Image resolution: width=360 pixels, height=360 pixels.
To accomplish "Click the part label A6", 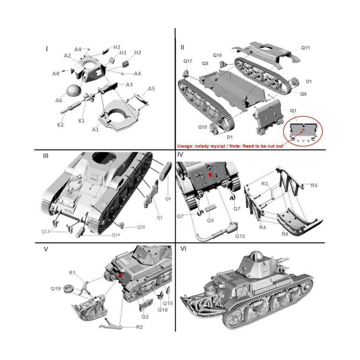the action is pyautogui.click(x=59, y=100).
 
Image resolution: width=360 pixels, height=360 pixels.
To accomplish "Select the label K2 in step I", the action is pyautogui.click(x=60, y=125).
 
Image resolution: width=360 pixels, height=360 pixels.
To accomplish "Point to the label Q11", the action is pyautogui.click(x=305, y=48).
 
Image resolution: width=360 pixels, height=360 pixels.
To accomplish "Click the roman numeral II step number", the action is pyautogui.click(x=182, y=47).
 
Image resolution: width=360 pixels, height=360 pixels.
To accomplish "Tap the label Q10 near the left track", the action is pyautogui.click(x=203, y=127).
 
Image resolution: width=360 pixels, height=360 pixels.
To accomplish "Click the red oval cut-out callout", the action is pyautogui.click(x=303, y=131).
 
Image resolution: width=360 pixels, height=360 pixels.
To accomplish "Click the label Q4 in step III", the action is pyautogui.click(x=168, y=199).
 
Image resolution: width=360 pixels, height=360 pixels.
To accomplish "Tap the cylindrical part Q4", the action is pyautogui.click(x=165, y=171).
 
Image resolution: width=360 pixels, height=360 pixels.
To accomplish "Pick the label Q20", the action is pyautogui.click(x=141, y=227).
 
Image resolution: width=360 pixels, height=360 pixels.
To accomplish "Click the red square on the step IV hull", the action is pyautogui.click(x=210, y=175).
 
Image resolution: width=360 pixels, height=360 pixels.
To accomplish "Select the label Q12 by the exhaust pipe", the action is pyautogui.click(x=240, y=236).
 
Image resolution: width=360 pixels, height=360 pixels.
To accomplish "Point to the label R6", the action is pyautogui.click(x=285, y=234).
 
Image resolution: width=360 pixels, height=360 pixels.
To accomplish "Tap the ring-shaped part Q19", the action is pyautogui.click(x=68, y=288).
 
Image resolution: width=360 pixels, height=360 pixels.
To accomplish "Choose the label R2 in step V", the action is pyautogui.click(x=139, y=327).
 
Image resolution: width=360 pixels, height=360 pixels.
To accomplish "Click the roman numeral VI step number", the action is pyautogui.click(x=183, y=249).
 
